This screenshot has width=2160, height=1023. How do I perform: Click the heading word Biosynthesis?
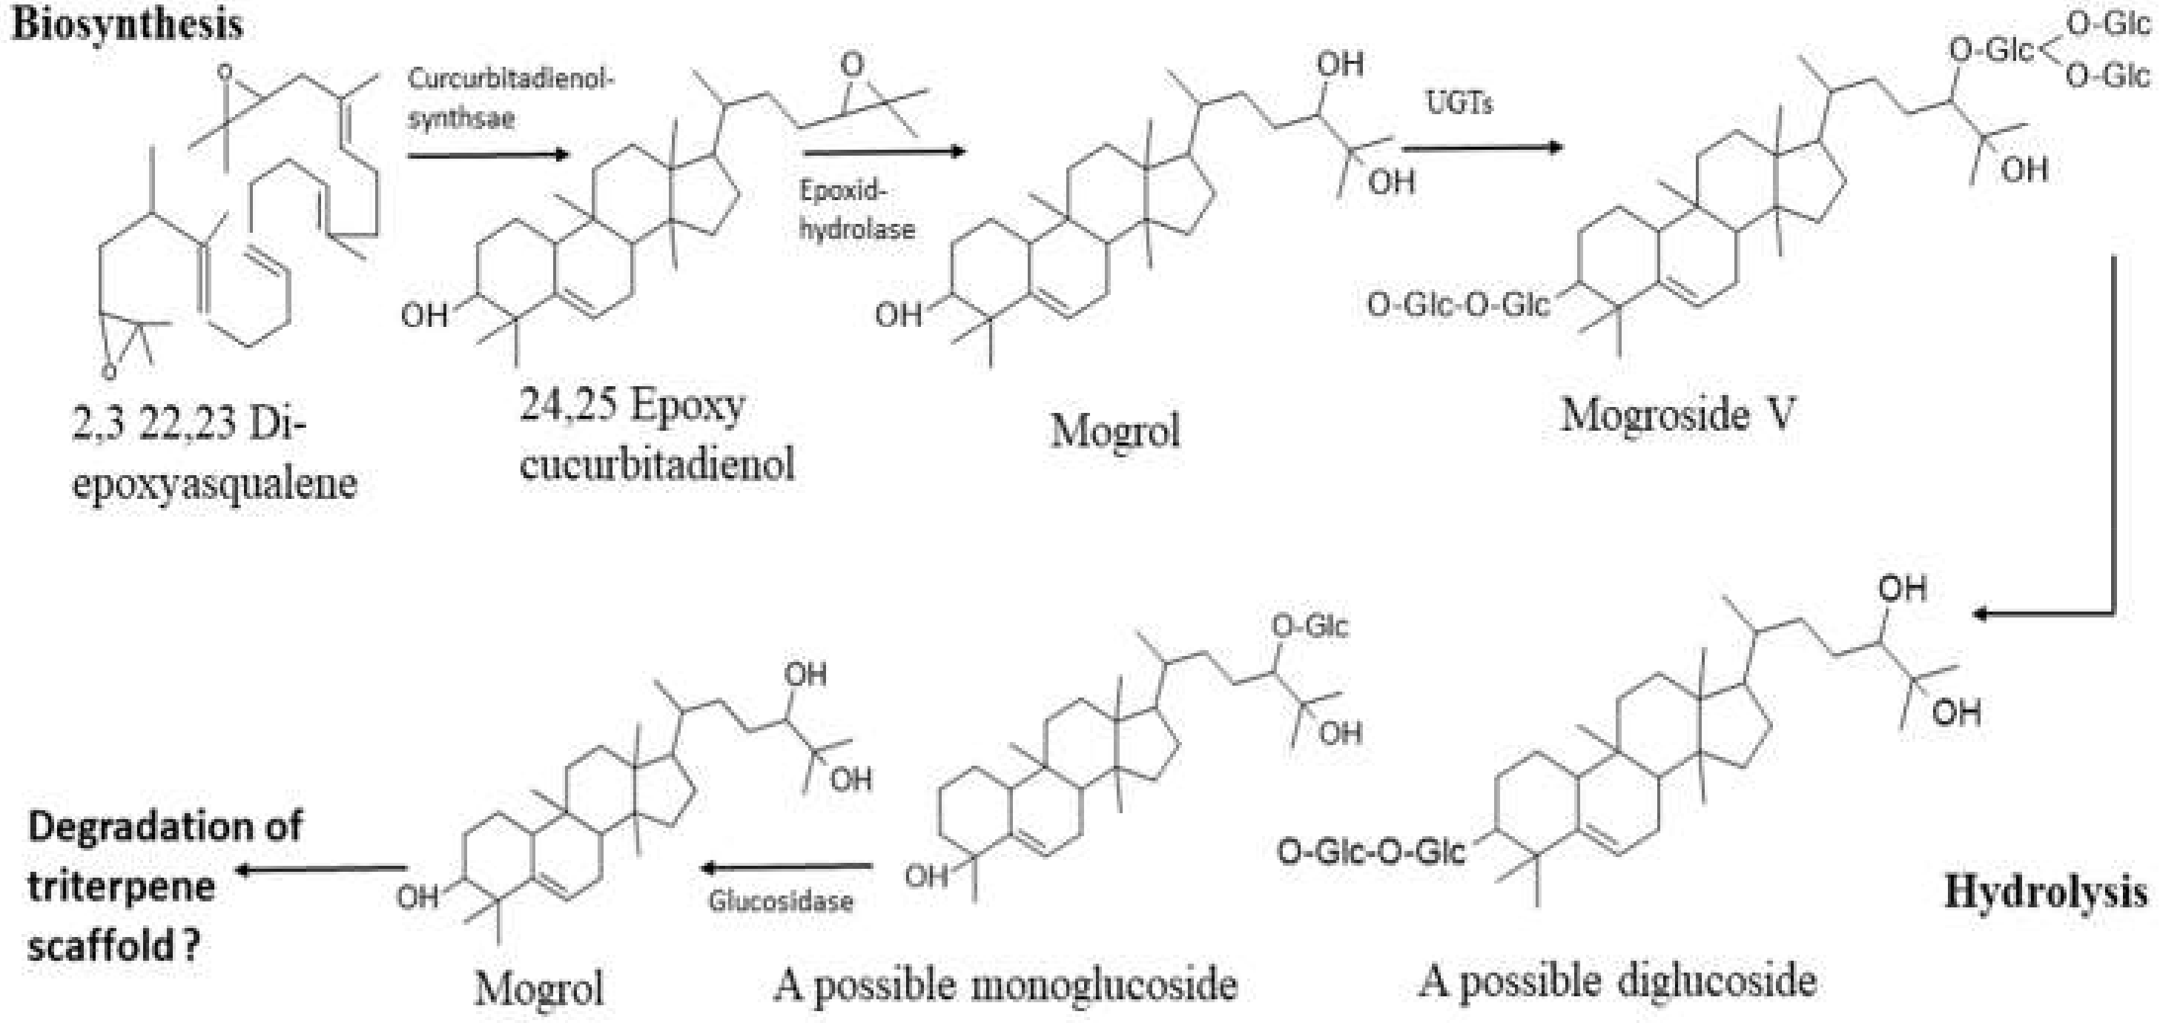(x=128, y=24)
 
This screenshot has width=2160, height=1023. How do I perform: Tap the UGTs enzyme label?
(x=1459, y=103)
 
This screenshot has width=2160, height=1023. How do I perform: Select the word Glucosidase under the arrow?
(x=781, y=901)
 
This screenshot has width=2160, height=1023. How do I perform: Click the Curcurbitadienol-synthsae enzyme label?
(x=511, y=98)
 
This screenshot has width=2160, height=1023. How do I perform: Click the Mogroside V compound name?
(x=1677, y=415)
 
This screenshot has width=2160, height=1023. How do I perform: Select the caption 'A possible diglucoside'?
(x=1617, y=981)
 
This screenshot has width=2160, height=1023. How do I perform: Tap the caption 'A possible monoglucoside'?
(x=1005, y=984)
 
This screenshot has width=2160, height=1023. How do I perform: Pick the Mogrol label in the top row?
(x=1115, y=431)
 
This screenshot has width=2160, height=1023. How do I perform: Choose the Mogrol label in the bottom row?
(x=539, y=987)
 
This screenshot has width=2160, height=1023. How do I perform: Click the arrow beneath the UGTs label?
(x=1482, y=148)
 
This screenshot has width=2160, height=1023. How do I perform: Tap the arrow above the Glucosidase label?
(x=787, y=867)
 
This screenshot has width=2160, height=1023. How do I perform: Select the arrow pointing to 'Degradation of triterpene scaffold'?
(x=322, y=870)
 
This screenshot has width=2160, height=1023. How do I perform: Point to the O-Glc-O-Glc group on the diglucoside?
(x=1370, y=853)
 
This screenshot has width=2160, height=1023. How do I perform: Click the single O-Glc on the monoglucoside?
(x=1309, y=626)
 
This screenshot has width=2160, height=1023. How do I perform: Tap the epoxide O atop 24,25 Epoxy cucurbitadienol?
(x=852, y=64)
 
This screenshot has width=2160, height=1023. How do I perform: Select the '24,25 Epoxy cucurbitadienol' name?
(x=656, y=434)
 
